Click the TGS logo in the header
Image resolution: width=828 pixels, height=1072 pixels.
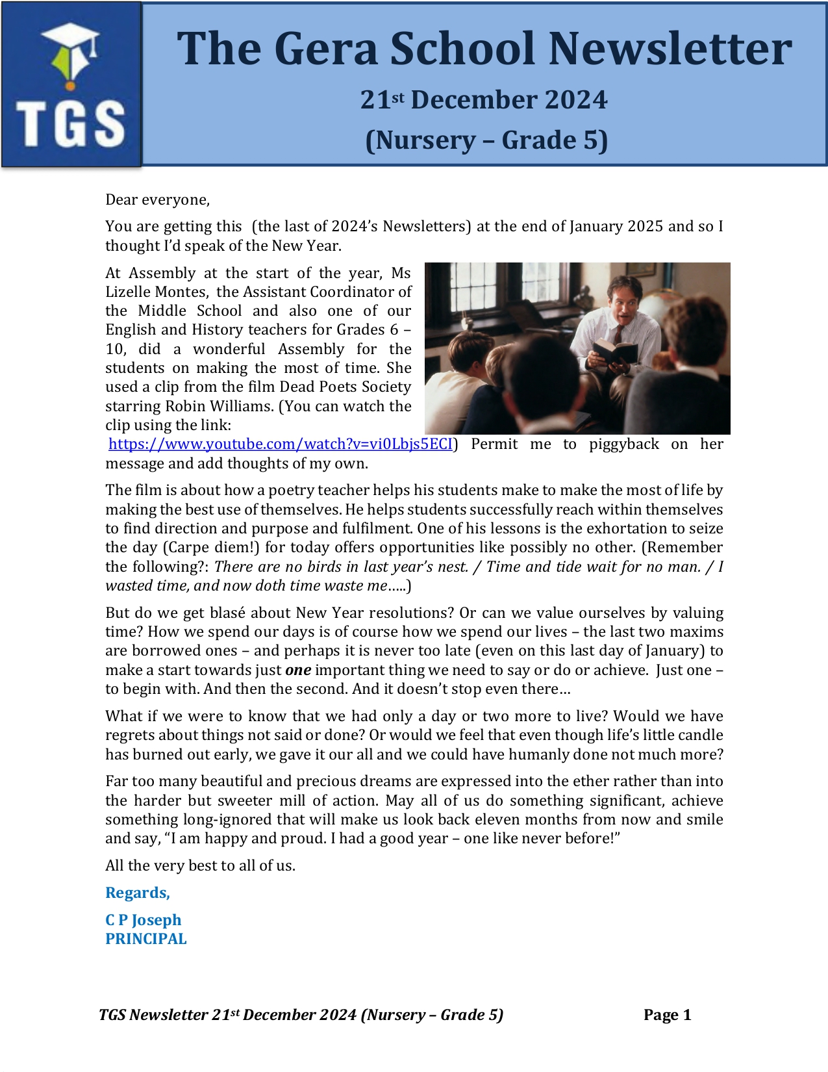[x=71, y=85]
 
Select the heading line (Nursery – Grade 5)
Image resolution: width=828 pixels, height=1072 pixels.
[x=486, y=140]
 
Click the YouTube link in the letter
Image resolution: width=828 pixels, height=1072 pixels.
[x=280, y=444]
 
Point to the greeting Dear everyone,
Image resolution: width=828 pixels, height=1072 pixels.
[x=158, y=199]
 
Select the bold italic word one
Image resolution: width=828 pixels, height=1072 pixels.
[x=298, y=670]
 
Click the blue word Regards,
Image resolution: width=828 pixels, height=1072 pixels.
[x=138, y=893]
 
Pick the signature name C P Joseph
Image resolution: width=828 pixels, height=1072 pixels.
[x=144, y=920]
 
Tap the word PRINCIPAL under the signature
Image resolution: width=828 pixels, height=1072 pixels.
[x=146, y=939]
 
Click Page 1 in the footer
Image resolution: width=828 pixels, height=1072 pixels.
[x=667, y=1015]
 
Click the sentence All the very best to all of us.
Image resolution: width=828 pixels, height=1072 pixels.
[x=200, y=865]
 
